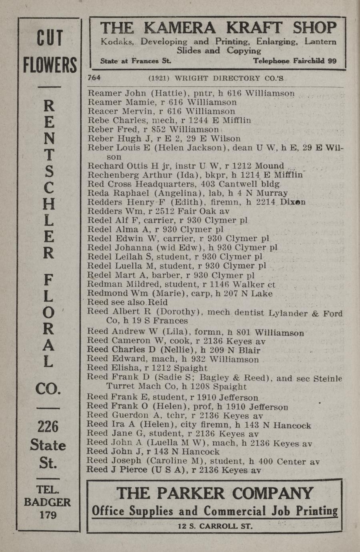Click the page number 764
(x=94, y=78)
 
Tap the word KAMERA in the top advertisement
(x=180, y=28)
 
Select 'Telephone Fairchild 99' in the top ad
(x=294, y=61)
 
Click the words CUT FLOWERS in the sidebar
(x=50, y=52)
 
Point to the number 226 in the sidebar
(x=48, y=427)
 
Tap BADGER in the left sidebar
(x=48, y=502)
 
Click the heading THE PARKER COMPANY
(x=215, y=493)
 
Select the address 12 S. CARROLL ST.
(x=215, y=526)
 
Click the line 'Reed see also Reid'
(x=127, y=302)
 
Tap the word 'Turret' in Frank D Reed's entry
(x=120, y=386)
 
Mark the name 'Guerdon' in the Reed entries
(x=128, y=415)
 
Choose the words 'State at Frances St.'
(x=136, y=61)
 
